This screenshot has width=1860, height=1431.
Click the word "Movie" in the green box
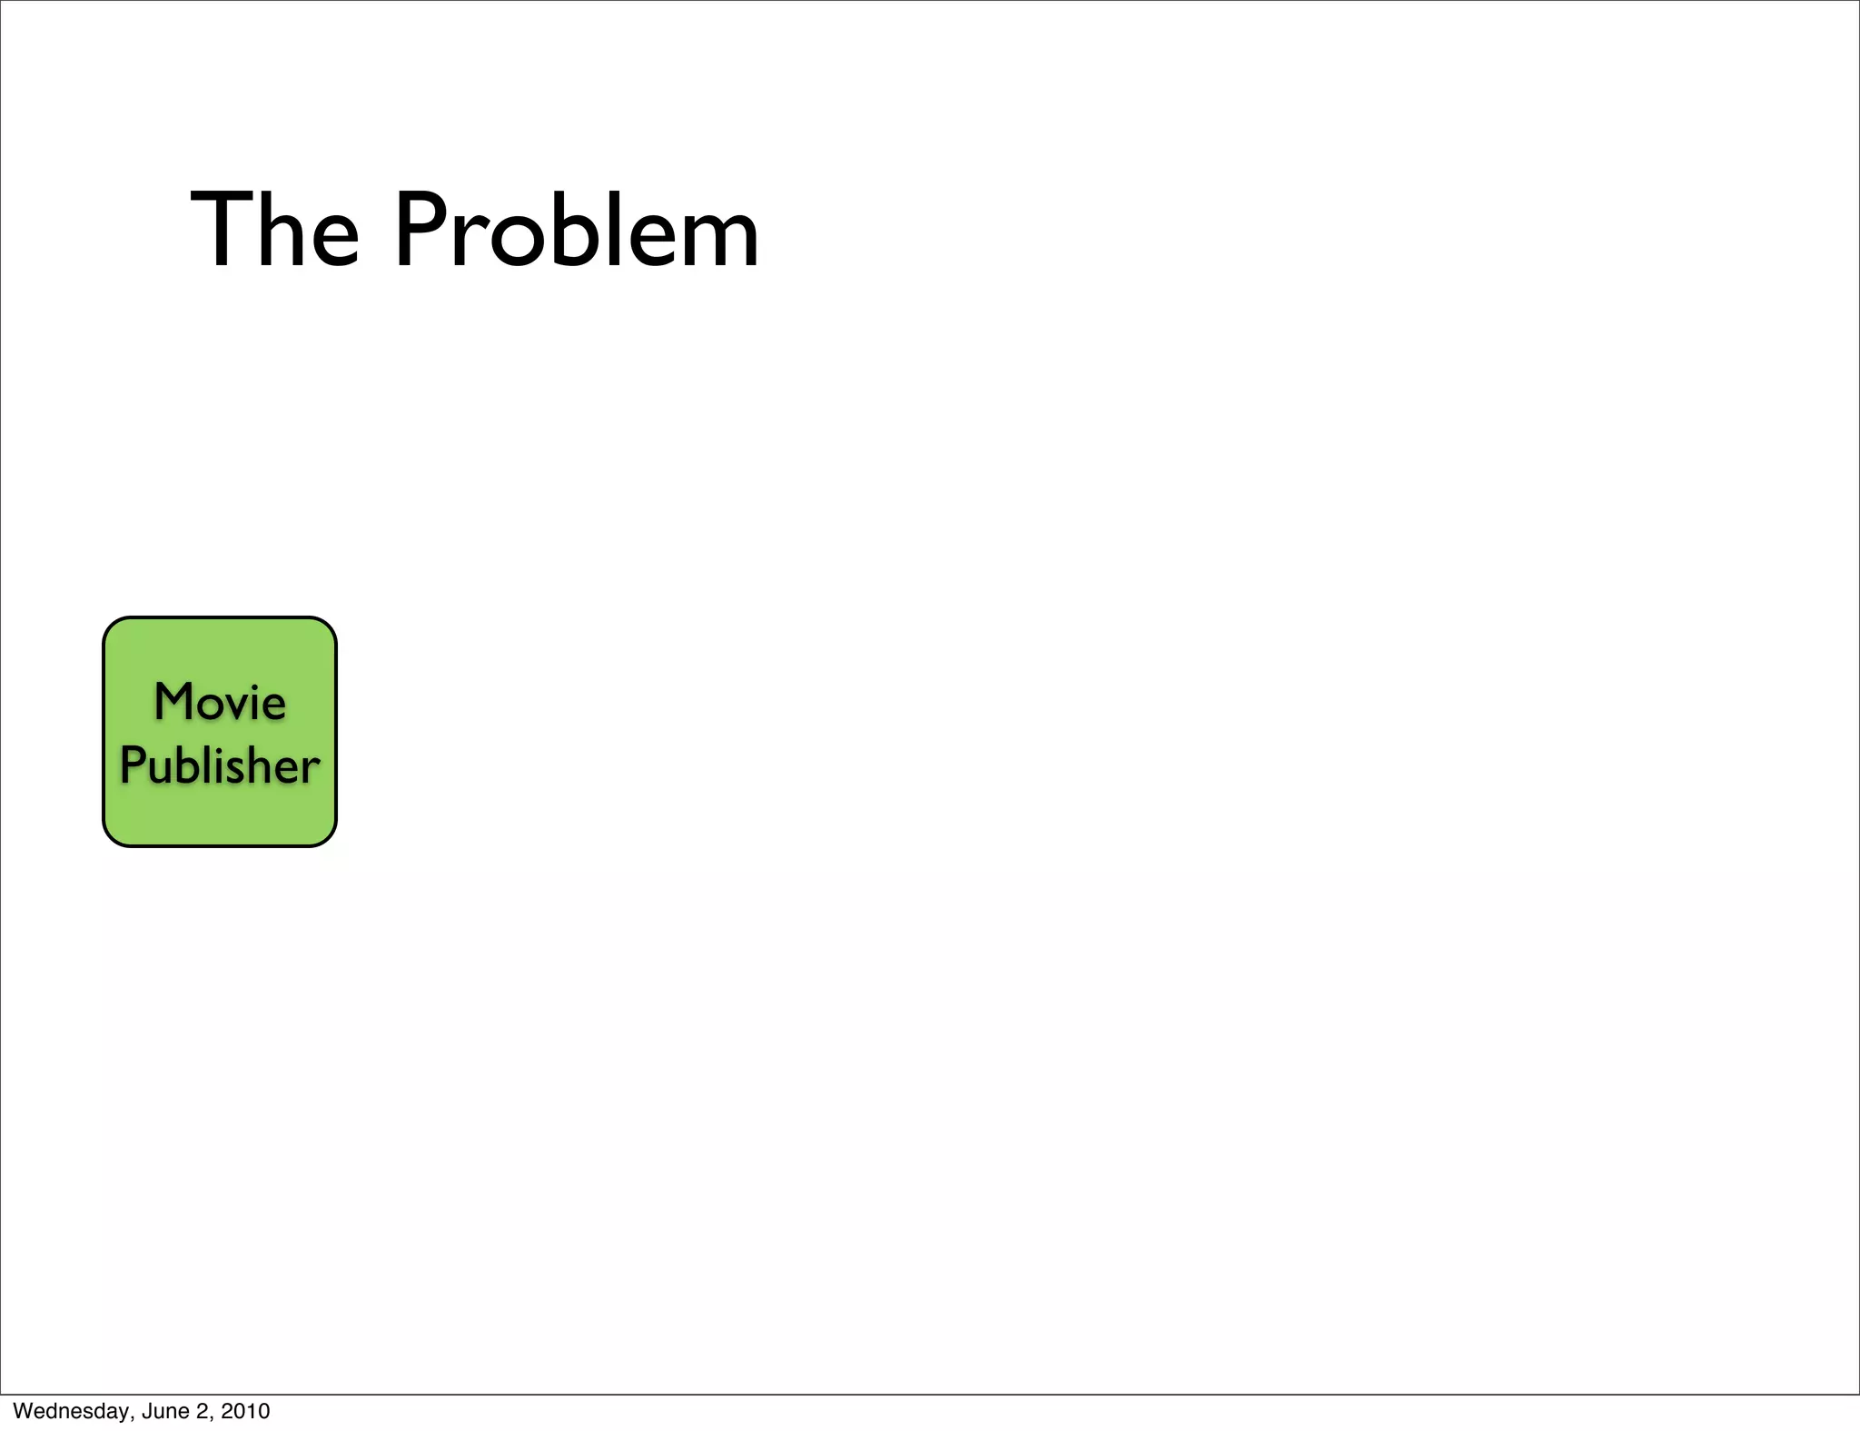click(220, 702)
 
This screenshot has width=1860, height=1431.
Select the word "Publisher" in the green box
click(220, 765)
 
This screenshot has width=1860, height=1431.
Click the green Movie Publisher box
click(220, 817)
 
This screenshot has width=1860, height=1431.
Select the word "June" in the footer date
click(164, 1411)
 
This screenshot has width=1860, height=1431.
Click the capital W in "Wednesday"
click(22, 1411)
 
